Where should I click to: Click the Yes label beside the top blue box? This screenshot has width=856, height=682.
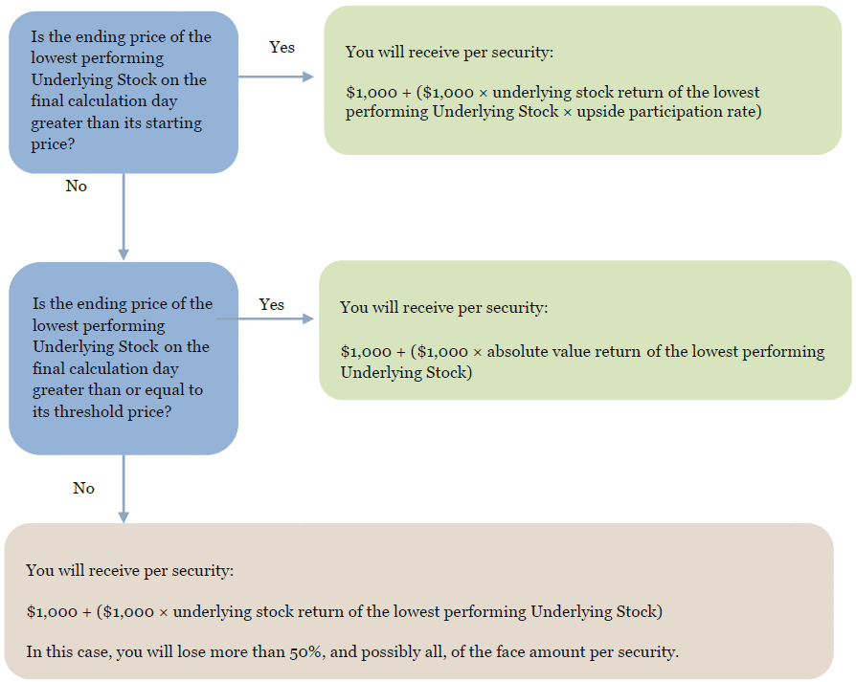[x=282, y=48]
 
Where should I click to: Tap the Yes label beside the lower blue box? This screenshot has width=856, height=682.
[x=271, y=304]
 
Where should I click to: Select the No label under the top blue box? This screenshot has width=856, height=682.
[x=77, y=186]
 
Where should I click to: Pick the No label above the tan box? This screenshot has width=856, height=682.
[x=83, y=488]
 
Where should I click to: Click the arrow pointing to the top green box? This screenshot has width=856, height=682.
[x=276, y=77]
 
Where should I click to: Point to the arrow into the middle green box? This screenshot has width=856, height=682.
[x=265, y=319]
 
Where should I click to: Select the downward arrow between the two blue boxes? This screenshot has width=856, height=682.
[x=124, y=216]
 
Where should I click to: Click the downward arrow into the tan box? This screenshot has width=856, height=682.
[x=124, y=489]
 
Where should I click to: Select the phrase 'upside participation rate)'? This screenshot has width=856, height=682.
[x=669, y=112]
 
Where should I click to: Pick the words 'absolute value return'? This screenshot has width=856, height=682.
[x=564, y=352]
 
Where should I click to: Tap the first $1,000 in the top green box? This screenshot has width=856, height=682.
[x=372, y=93]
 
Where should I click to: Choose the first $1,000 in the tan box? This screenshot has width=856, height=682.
[x=52, y=612]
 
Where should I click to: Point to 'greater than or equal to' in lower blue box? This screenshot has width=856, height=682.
[x=118, y=390]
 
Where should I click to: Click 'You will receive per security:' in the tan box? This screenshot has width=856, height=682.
[x=130, y=571]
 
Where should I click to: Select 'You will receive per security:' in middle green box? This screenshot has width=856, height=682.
[x=444, y=307]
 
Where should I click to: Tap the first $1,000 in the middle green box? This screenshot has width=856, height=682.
[x=366, y=352]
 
